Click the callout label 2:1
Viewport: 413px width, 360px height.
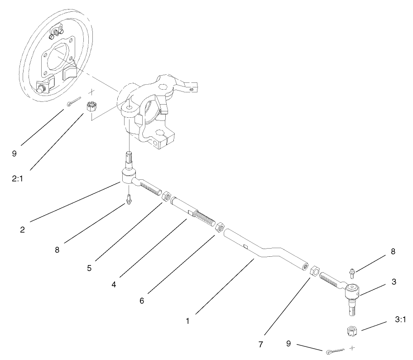(x=17, y=179)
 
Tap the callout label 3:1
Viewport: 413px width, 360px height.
(x=400, y=320)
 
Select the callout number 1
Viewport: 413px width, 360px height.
(x=187, y=322)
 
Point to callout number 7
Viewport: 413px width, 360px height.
(x=261, y=345)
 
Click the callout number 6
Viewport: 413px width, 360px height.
(x=142, y=301)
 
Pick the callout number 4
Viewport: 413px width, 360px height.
(x=114, y=285)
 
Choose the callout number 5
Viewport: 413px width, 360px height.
(x=89, y=268)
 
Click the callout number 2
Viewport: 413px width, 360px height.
(x=22, y=230)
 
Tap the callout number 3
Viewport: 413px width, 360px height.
(x=394, y=282)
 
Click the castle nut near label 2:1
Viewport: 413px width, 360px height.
(x=91, y=107)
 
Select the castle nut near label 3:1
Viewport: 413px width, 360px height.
(x=352, y=331)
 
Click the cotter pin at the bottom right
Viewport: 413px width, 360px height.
(x=335, y=351)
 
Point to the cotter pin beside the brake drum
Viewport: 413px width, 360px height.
(x=74, y=101)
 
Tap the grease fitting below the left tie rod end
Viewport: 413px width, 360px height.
(x=129, y=200)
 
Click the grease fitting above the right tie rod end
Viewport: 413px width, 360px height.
(x=352, y=273)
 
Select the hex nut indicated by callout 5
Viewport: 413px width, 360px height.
(x=166, y=197)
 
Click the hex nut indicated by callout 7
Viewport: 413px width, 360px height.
(x=315, y=271)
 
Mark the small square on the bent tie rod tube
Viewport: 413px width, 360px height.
(x=245, y=246)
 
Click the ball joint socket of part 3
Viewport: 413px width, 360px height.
(x=352, y=291)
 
